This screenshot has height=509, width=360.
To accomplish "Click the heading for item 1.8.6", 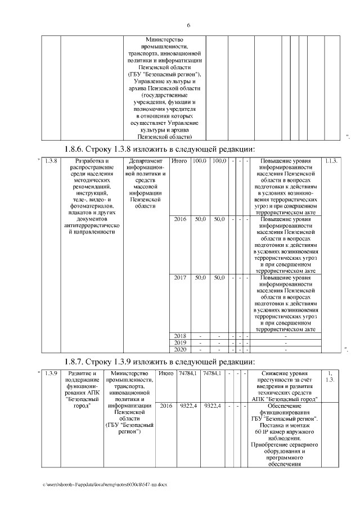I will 160,149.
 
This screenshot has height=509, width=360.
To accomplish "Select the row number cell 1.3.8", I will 51,161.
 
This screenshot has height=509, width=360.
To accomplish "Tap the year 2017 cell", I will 179,278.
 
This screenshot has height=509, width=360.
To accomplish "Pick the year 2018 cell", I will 179,336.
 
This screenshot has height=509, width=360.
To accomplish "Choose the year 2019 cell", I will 179,343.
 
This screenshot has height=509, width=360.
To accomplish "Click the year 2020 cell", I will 179,349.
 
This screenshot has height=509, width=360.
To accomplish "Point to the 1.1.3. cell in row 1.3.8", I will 331,161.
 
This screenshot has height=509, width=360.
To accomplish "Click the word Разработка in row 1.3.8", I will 89,161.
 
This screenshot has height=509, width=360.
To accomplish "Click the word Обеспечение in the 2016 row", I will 284,405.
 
